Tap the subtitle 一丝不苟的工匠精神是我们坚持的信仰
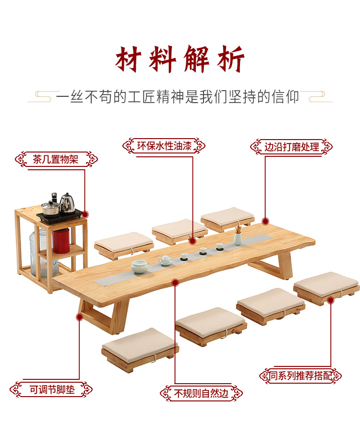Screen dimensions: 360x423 [x=178, y=97]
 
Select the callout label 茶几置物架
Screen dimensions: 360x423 [x=56, y=159]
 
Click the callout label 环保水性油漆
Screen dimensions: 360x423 [x=164, y=146]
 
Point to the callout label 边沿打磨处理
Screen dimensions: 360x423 [x=291, y=147]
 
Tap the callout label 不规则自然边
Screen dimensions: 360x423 [x=201, y=394]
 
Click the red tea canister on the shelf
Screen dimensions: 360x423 [x=60, y=240]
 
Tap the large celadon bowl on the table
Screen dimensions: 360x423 [x=140, y=267]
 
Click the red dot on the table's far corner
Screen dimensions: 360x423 [x=265, y=221]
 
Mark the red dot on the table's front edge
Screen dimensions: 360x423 [x=176, y=283]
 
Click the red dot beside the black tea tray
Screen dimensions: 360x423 [x=85, y=214]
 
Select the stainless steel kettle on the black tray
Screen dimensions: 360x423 [x=67, y=202]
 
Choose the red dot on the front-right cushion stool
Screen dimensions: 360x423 [x=330, y=300]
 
